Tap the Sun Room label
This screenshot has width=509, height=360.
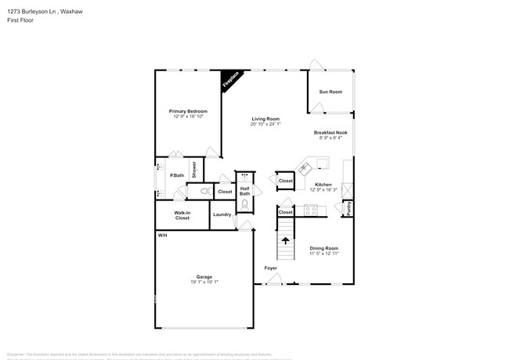(330, 92)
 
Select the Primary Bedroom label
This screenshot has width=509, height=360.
(189, 111)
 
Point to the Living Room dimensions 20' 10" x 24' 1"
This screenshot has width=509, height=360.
(265, 124)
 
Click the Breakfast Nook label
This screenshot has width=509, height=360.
(330, 132)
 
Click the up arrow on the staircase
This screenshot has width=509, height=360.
(285, 241)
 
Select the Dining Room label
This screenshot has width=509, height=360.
(323, 248)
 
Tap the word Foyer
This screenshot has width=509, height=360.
(271, 268)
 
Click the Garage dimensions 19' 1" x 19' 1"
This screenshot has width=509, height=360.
(204, 282)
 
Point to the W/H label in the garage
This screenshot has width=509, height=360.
(162, 236)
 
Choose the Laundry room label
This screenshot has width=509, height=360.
(222, 214)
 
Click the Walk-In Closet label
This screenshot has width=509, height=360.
(182, 215)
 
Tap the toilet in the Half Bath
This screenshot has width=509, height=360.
(244, 204)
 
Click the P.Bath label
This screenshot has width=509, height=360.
(177, 175)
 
